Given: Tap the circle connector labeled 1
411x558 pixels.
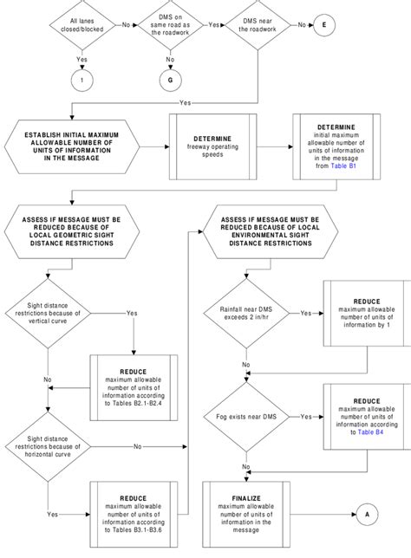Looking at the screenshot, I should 82,81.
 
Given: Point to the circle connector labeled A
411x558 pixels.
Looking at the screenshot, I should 367,513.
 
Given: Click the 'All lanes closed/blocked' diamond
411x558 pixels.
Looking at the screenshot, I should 83,26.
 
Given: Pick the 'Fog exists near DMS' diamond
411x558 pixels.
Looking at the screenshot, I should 247,417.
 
